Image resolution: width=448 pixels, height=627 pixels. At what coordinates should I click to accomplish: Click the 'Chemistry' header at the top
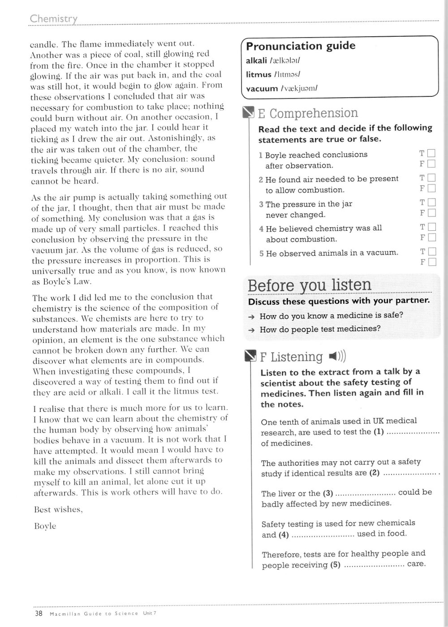click(53, 19)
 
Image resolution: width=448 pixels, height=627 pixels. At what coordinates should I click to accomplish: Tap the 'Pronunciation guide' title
click(301, 46)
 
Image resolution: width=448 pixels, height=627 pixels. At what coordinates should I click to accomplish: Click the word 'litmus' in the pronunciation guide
click(258, 74)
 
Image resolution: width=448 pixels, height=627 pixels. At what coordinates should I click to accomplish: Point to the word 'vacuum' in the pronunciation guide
click(262, 89)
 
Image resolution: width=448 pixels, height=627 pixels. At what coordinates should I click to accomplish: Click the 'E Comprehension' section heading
click(308, 113)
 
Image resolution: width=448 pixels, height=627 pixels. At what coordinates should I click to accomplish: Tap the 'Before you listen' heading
click(309, 285)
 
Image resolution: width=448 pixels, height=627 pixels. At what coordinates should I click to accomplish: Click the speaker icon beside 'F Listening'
click(337, 356)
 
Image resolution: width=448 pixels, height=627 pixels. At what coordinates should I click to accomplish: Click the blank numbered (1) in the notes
click(412, 432)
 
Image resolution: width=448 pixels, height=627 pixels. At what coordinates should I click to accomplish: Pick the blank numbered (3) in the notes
click(365, 493)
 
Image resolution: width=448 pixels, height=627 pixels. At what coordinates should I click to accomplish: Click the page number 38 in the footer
click(39, 614)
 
